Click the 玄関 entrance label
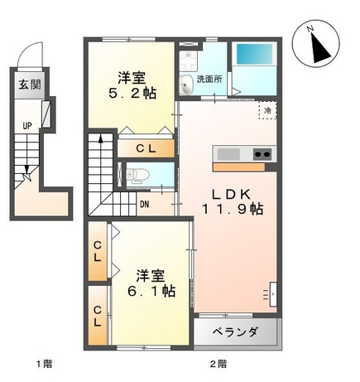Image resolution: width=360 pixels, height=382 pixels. click(x=30, y=85)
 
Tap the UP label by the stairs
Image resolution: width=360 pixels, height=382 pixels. click(x=27, y=126)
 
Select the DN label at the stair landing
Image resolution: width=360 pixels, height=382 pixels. click(x=145, y=205)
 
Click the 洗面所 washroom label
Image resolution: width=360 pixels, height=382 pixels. click(x=209, y=80)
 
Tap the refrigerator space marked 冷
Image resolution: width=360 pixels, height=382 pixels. click(x=267, y=110)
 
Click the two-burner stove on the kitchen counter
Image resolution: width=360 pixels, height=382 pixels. click(x=262, y=154)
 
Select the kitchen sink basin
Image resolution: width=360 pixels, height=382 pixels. click(x=228, y=154)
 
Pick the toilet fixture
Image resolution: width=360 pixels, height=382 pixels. click(x=138, y=176)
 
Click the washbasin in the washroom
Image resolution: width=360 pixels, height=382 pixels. click(x=186, y=85)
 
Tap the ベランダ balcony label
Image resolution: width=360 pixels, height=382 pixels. click(x=236, y=331)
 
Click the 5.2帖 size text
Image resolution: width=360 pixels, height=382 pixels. click(x=132, y=94)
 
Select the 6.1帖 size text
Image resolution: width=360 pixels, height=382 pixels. click(x=151, y=291)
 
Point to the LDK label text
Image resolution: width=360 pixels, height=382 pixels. click(x=231, y=195)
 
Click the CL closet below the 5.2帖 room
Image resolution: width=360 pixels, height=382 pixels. click(x=146, y=149)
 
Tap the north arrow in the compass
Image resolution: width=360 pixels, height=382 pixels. click(x=320, y=47)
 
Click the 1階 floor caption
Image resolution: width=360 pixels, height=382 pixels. click(x=44, y=364)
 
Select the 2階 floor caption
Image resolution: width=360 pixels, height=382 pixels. click(x=218, y=364)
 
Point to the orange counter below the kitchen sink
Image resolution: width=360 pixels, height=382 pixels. click(x=239, y=167)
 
